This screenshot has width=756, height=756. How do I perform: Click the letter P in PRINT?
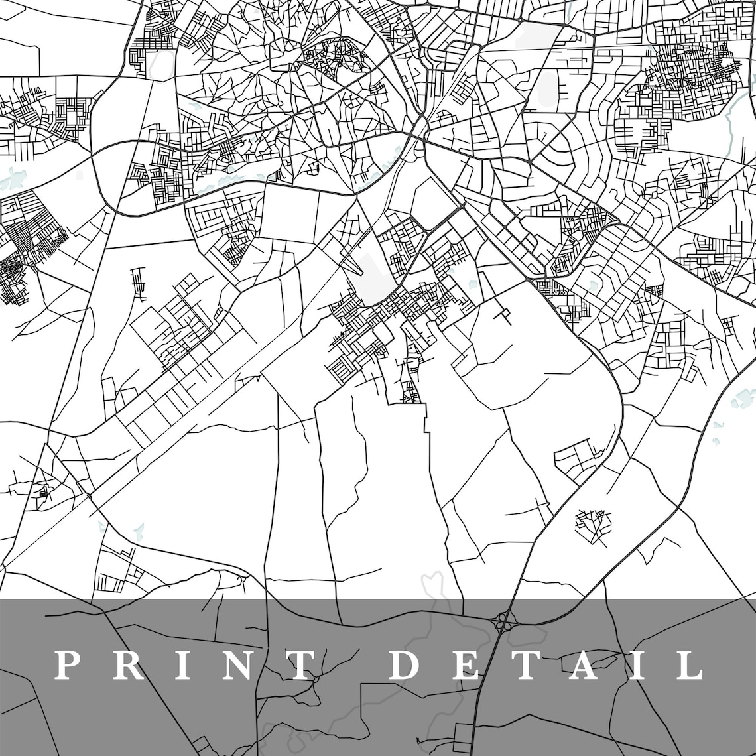pos(67,665)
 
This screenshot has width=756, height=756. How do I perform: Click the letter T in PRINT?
pos(300,665)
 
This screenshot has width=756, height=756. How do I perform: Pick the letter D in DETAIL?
pos(407,665)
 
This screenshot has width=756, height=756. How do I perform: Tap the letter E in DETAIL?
pos(467,665)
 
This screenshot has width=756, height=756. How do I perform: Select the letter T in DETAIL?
pos(525,665)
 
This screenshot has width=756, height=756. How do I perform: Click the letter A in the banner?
pos(584,665)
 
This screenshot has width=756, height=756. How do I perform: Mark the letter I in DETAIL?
pos(637,665)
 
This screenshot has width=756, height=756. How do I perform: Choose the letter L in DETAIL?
pos(688,665)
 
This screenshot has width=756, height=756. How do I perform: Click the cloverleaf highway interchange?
pos(504,622)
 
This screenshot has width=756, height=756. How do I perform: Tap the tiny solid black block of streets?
pos(44,493)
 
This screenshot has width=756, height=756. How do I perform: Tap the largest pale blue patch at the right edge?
pos(743,398)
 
